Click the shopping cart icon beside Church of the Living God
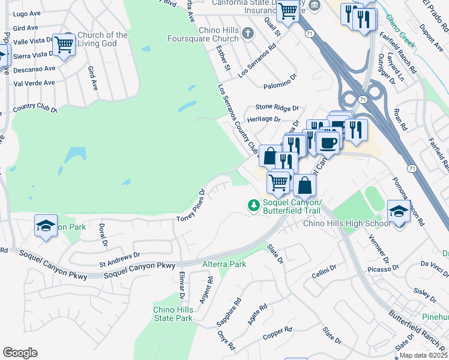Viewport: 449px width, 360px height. click(x=63, y=44)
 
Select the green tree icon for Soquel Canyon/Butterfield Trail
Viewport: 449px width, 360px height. click(x=254, y=206)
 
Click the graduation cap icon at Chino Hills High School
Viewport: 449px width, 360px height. click(x=397, y=211)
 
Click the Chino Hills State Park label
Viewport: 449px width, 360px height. click(x=173, y=313)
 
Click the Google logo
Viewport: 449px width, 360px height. click(x=20, y=353)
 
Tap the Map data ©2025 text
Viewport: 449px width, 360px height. click(x=423, y=355)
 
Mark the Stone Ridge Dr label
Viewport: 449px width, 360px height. click(x=277, y=107)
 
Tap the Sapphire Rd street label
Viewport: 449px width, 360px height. click(x=229, y=312)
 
